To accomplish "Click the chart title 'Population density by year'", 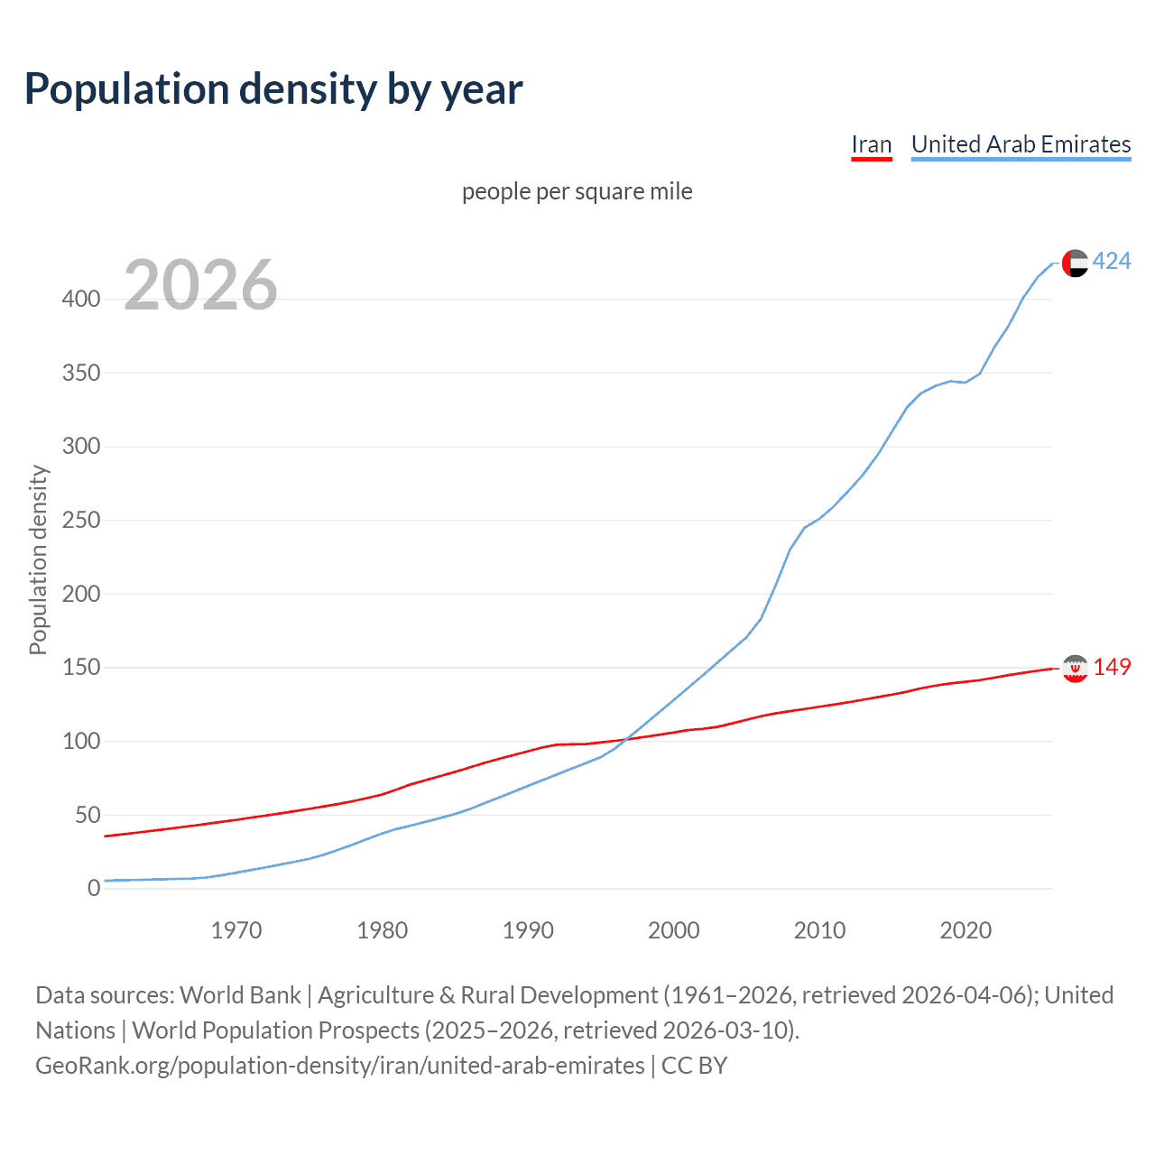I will click(273, 89).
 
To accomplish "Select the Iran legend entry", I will click(871, 144).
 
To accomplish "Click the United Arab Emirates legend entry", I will click(1021, 144).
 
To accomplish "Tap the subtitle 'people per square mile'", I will click(577, 191).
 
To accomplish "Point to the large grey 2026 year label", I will click(200, 285).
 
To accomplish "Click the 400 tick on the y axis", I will click(81, 299).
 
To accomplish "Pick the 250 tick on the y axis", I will click(81, 520).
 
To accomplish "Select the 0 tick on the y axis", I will click(94, 888).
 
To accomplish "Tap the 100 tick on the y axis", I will click(81, 741).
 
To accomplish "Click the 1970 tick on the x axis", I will click(236, 930).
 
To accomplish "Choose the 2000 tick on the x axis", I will click(674, 930).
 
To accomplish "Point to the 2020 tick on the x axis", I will click(966, 930).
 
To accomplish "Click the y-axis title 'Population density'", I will click(38, 559).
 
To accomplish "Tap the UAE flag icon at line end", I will click(1075, 263).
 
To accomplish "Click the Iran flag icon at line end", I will click(1075, 668).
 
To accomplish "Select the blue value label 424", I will click(1112, 262).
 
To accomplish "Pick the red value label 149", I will click(1112, 667).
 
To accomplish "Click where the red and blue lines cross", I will click(624, 740).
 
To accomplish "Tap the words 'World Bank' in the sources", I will click(240, 995).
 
